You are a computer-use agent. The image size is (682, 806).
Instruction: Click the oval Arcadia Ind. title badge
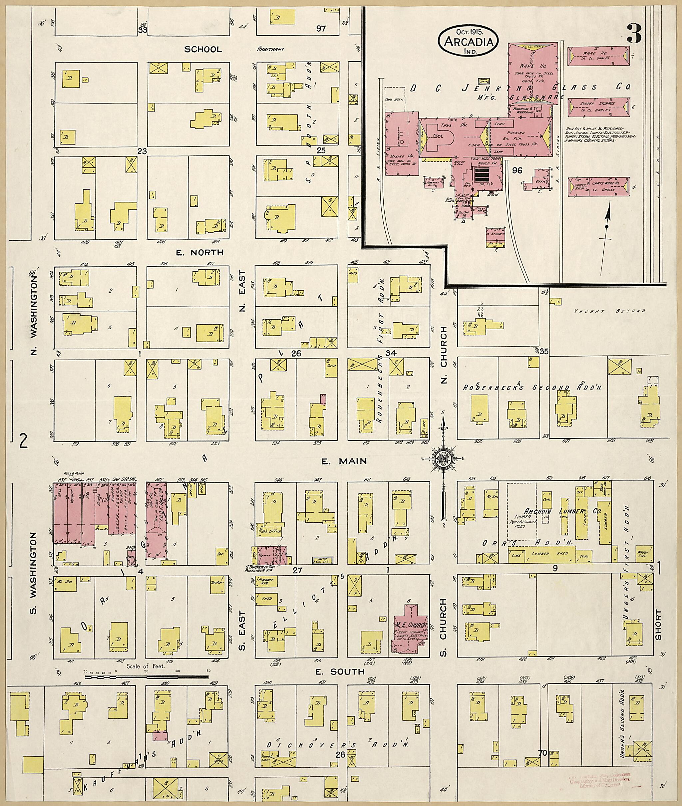coord(468,41)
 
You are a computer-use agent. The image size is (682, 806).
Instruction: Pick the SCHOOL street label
coord(203,49)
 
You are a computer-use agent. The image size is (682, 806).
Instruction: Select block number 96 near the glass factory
coord(517,170)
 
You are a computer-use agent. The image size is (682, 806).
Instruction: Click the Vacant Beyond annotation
coord(610,311)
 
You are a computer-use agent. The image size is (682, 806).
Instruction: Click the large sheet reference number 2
coord(24,441)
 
